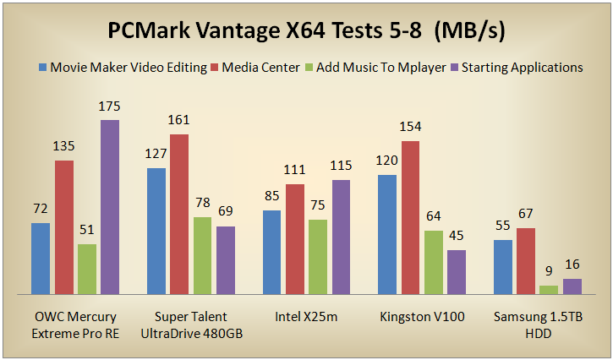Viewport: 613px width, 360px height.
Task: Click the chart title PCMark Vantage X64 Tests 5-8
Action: (306, 31)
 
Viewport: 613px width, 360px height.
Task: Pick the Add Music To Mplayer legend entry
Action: (375, 67)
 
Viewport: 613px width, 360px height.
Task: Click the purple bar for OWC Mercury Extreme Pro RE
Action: (110, 207)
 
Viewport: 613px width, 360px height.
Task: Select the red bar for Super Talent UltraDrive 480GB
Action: (179, 214)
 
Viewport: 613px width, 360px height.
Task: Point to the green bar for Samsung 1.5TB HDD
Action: (549, 289)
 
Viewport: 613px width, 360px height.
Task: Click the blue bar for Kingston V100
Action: (387, 234)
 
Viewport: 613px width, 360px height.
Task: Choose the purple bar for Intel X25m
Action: (341, 237)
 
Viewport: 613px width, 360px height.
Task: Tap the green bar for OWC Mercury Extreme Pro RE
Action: (87, 269)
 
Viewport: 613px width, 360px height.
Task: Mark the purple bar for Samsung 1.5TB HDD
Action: (572, 286)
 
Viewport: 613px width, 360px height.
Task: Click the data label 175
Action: (110, 108)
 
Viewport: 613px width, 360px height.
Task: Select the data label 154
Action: (410, 128)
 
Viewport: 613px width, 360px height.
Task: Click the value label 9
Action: (549, 273)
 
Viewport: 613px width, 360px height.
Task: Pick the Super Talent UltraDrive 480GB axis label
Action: (191, 325)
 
